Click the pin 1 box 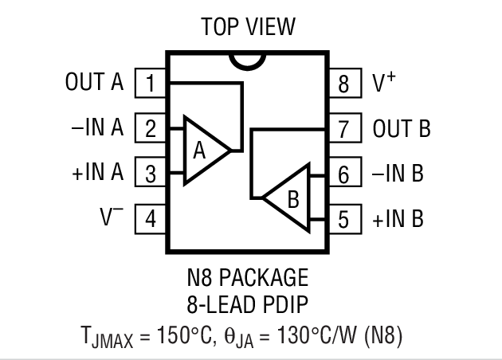(150, 83)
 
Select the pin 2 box (150, 128)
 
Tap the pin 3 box (150, 173)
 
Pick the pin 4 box (150, 218)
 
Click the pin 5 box (343, 218)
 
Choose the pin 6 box (343, 173)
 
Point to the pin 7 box (343, 128)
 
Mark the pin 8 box (343, 83)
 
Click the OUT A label (95, 83)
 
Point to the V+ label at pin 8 (383, 82)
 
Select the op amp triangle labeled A (204, 151)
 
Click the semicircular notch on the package (246, 59)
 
